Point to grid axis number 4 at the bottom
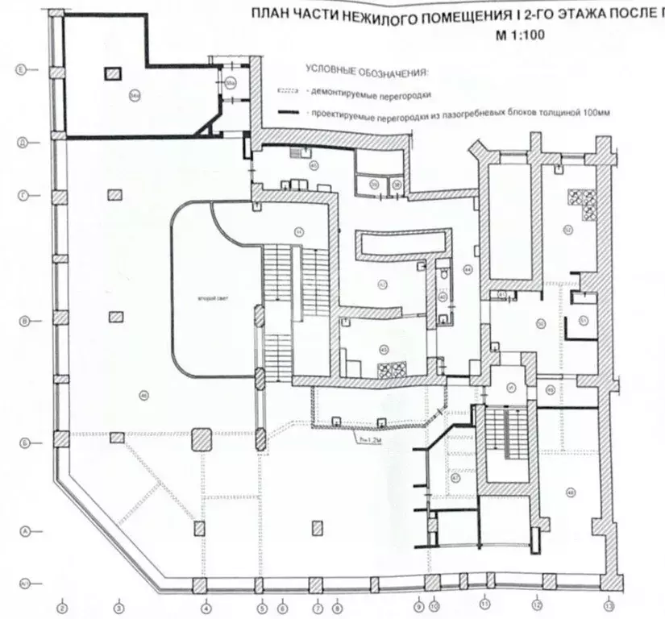(x=206, y=606)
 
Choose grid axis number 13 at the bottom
(x=609, y=606)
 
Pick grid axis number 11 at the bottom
(x=485, y=601)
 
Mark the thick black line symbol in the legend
(x=289, y=113)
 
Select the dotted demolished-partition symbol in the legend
(x=289, y=93)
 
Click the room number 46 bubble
(x=143, y=394)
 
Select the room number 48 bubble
(x=571, y=493)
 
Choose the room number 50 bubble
(x=542, y=324)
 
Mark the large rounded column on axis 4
(x=201, y=440)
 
